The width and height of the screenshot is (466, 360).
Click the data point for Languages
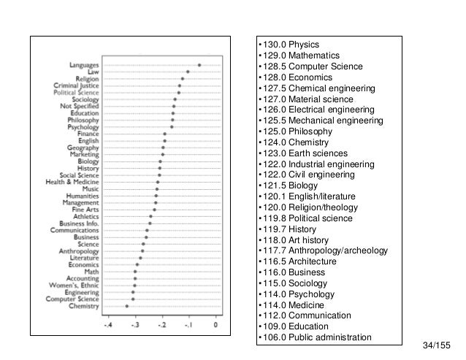coord(199,65)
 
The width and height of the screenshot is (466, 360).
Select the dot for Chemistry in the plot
coord(127,305)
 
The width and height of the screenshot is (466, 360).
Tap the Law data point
coord(188,72)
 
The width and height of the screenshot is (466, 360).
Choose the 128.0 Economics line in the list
coord(294,77)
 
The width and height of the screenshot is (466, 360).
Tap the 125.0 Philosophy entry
coord(296,131)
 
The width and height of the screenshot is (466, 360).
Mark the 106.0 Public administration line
coord(314,337)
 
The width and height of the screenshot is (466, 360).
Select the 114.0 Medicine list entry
coord(292,305)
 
